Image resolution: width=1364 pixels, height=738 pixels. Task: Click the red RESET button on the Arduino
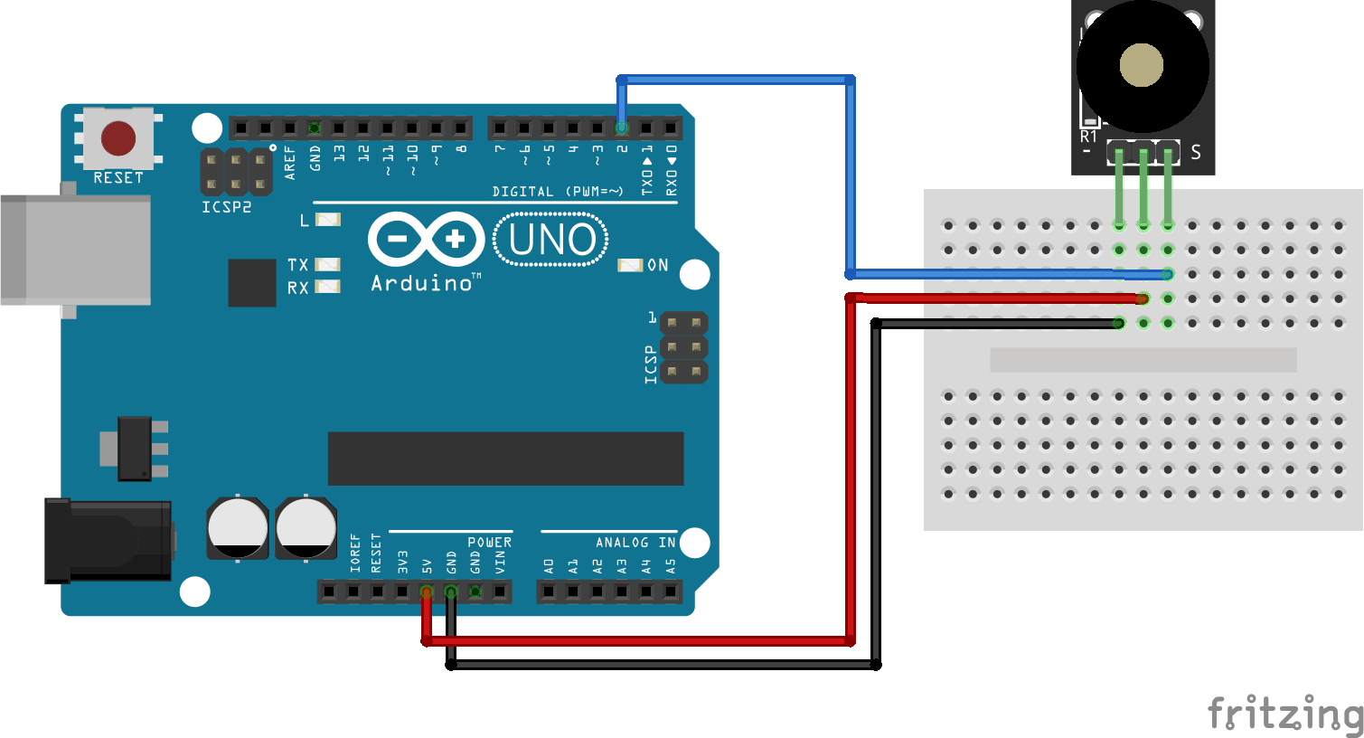pyautogui.click(x=118, y=138)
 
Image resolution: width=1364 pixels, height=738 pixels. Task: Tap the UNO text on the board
pyautogui.click(x=551, y=240)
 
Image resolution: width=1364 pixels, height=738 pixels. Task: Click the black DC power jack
pyautogui.click(x=108, y=540)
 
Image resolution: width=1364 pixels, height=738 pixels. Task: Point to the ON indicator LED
pyautogui.click(x=629, y=265)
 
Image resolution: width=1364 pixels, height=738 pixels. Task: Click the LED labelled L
pyautogui.click(x=327, y=220)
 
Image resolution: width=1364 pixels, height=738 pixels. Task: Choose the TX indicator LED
pyautogui.click(x=327, y=265)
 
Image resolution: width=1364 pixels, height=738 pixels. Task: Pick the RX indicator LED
pyautogui.click(x=327, y=288)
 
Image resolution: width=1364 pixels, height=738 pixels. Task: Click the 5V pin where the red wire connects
pyautogui.click(x=427, y=592)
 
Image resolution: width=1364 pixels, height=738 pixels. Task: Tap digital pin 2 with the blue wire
pyautogui.click(x=622, y=128)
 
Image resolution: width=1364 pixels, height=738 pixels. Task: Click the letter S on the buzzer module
pyautogui.click(x=1196, y=152)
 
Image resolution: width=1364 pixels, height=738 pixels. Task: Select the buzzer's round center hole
pyautogui.click(x=1141, y=66)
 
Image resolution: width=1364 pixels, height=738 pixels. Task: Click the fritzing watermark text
pyautogui.click(x=1284, y=714)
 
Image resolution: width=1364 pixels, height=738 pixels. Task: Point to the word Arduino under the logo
pyautogui.click(x=422, y=283)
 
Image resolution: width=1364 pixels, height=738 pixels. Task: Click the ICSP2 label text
pyautogui.click(x=226, y=207)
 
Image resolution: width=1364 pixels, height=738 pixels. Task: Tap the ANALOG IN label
pyautogui.click(x=635, y=543)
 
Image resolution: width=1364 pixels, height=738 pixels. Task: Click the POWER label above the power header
pyautogui.click(x=489, y=543)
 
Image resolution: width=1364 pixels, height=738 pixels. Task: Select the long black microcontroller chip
pyautogui.click(x=505, y=459)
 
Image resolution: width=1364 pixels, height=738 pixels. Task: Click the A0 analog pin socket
pyautogui.click(x=549, y=592)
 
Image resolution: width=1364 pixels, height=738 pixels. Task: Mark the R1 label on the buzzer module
pyautogui.click(x=1088, y=137)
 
